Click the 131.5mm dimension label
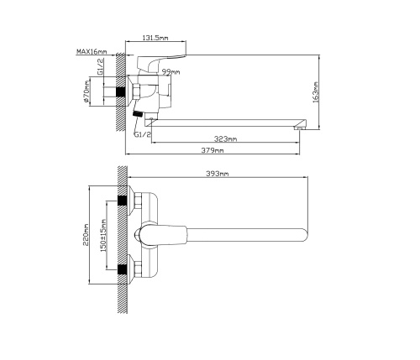[x=155, y=38]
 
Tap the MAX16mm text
[x=92, y=51]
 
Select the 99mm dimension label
[x=171, y=72]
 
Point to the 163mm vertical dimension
[x=316, y=92]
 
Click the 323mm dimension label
[x=225, y=138]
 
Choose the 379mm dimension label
[x=213, y=150]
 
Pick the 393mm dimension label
[x=218, y=174]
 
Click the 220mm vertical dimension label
[x=86, y=235]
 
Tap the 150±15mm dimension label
[x=103, y=235]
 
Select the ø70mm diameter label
[x=87, y=91]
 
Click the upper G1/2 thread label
[x=100, y=66]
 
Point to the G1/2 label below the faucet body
[x=143, y=134]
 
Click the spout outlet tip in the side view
[x=300, y=128]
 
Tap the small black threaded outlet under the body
[x=138, y=114]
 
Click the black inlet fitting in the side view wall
[x=121, y=92]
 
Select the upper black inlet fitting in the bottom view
[x=122, y=201]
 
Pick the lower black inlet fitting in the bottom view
[x=122, y=269]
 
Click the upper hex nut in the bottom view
[x=138, y=201]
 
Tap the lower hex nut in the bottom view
[x=138, y=269]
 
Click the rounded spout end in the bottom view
[x=305, y=235]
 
